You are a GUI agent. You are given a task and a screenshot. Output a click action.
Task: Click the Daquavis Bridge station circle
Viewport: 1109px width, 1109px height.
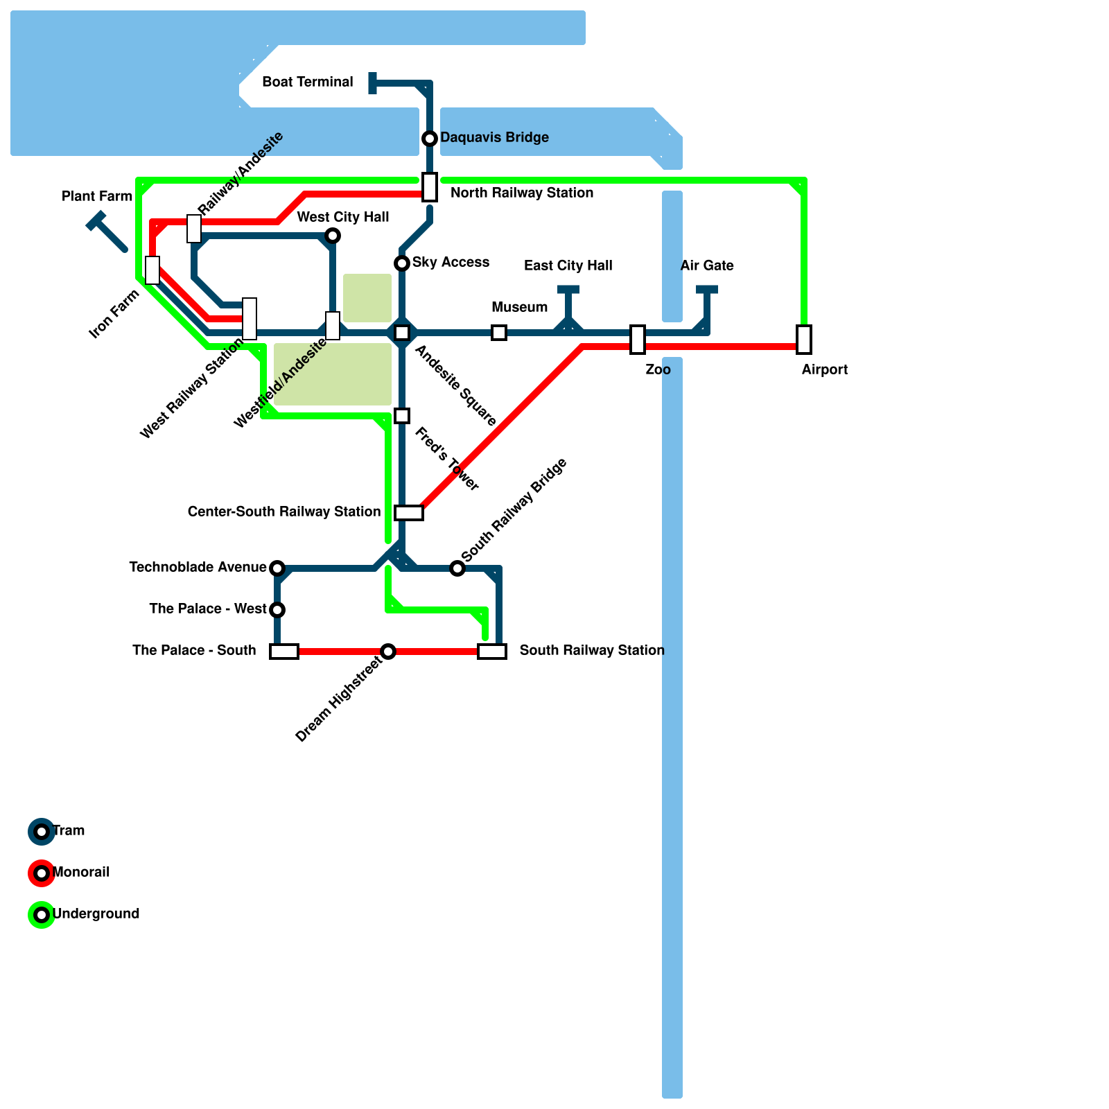tap(430, 139)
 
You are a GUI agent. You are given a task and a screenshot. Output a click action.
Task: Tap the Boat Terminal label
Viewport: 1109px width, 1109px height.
tap(308, 82)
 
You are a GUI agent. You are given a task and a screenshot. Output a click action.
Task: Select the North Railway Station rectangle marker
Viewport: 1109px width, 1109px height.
tap(430, 187)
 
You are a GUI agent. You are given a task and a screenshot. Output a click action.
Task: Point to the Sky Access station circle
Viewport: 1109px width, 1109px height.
tap(402, 263)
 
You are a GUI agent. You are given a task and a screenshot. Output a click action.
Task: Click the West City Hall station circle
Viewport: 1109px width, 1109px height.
tap(333, 236)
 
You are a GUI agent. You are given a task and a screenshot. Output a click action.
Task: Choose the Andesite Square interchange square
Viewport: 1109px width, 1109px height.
tap(402, 333)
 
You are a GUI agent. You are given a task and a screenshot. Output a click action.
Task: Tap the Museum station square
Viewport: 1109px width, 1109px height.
tap(499, 333)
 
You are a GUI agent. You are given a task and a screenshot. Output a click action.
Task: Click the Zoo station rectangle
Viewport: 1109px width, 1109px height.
tap(638, 340)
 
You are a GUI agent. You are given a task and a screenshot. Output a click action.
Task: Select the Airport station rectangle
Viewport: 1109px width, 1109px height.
tap(804, 340)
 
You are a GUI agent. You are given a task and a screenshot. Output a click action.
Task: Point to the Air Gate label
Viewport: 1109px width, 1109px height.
tap(707, 265)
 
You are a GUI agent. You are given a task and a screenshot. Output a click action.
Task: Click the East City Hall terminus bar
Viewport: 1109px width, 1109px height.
tap(568, 290)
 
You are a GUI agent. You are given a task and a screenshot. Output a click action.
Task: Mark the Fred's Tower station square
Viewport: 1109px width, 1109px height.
tap(402, 416)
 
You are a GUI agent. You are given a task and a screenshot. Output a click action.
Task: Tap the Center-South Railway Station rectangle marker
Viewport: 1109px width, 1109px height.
tap(409, 513)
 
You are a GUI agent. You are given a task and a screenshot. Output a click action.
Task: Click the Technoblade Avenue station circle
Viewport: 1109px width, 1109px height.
tap(277, 568)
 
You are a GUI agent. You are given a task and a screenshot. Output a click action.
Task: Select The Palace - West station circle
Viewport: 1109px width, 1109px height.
tap(277, 610)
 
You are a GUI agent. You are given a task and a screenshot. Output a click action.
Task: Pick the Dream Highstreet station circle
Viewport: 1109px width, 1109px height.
tap(388, 652)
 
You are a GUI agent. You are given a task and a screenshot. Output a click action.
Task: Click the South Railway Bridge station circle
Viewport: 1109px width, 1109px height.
tap(457, 568)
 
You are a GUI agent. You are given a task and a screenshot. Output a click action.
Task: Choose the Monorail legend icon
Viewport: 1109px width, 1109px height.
tap(42, 873)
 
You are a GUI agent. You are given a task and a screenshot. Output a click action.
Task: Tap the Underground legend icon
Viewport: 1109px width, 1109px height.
tap(42, 915)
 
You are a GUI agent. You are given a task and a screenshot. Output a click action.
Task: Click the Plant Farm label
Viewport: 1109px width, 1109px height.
tap(97, 196)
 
